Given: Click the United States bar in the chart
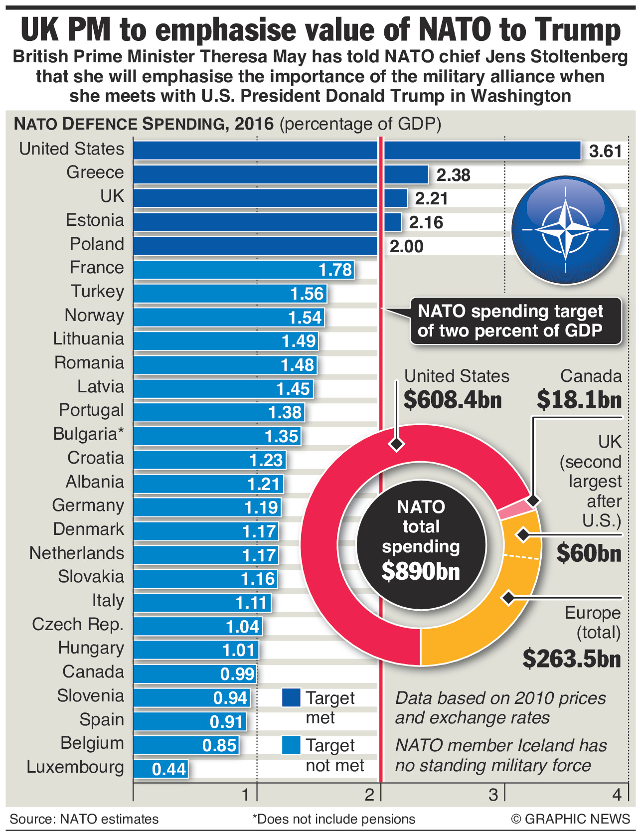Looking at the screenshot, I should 356,151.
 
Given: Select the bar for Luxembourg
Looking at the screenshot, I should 160,768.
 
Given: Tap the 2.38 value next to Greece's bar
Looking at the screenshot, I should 453,175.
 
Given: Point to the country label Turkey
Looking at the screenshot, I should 97,291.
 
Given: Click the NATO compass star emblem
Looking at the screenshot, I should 565,230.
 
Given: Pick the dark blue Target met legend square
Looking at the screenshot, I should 291,698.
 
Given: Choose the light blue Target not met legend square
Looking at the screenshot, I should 291,745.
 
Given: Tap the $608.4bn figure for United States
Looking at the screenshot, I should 452,400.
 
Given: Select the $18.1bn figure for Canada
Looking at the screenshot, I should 579,400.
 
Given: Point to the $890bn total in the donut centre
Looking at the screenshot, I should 421,571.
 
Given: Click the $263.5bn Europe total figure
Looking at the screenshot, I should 572,659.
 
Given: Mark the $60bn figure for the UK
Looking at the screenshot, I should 589,553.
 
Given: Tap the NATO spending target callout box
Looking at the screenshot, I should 515,321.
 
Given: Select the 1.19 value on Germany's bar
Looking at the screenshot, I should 261,507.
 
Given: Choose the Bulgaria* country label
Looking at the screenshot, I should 88,434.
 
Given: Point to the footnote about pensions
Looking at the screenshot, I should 333,819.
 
